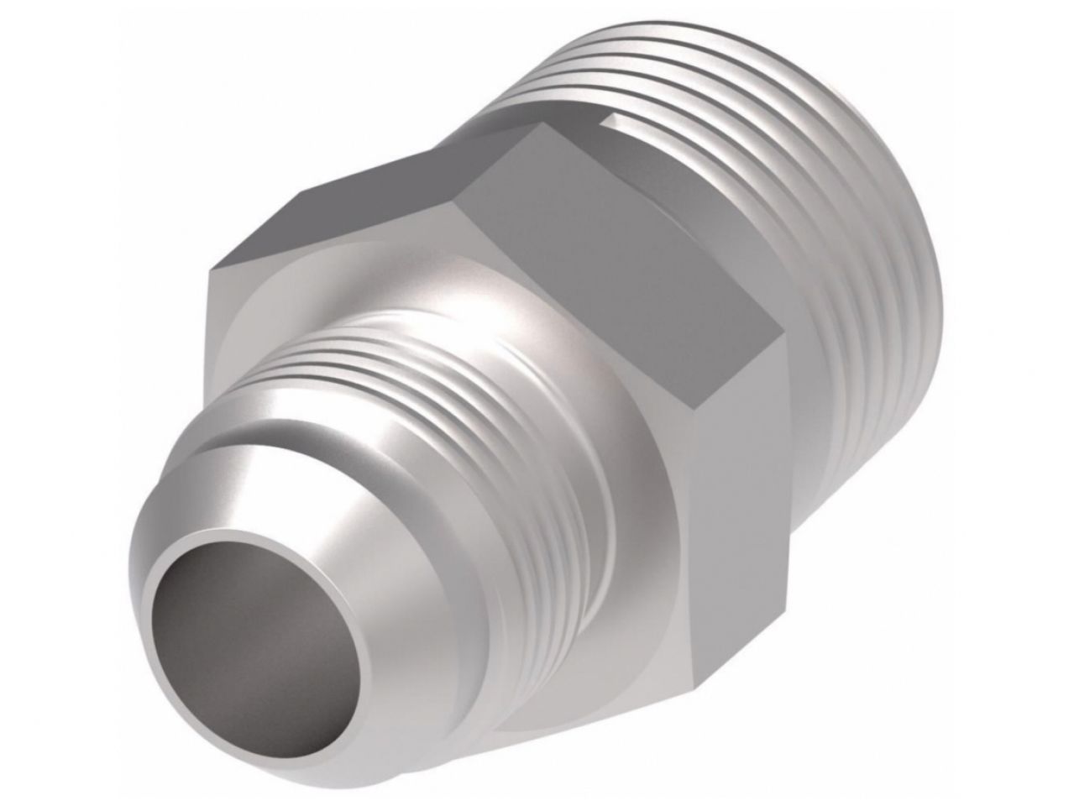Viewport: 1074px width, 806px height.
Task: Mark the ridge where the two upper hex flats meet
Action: pyautogui.click(x=470, y=176)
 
